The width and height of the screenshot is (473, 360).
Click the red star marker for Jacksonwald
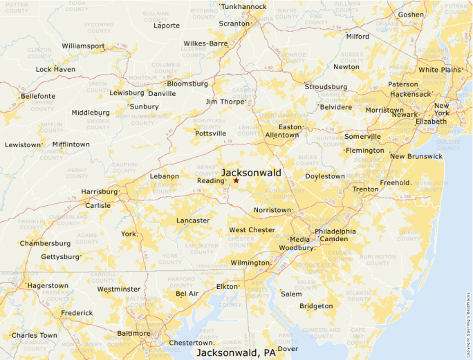236,180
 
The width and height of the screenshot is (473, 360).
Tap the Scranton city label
233,23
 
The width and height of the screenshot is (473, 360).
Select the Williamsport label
83,46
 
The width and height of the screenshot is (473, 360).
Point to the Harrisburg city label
99,191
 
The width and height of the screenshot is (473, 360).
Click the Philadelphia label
335,231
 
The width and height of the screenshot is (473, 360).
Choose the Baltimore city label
133,333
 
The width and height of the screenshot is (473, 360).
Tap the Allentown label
281,135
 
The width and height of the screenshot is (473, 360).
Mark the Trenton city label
365,189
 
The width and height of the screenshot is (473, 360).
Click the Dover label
288,349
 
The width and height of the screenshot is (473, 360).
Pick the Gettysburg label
60,257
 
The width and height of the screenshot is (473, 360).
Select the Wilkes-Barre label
205,44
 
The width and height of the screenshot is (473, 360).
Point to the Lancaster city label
193,220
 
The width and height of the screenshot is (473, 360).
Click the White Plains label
439,70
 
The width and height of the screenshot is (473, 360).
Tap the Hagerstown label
48,285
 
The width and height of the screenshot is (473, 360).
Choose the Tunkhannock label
243,7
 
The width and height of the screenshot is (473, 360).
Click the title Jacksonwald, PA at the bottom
236,353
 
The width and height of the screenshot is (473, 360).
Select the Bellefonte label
37,96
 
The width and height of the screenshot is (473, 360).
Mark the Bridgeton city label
316,306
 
